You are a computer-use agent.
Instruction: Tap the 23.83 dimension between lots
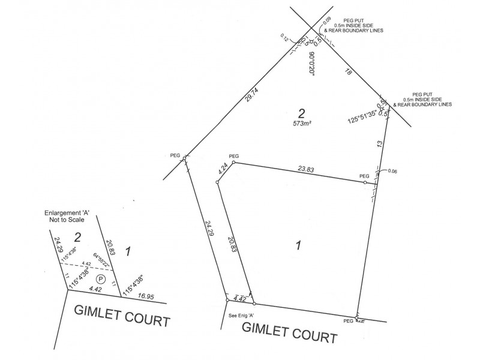pos(307,170)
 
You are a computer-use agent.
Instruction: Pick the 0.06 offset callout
pos(393,172)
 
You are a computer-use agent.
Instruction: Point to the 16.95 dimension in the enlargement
pos(146,295)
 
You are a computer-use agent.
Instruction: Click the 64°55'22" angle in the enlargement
pos(100,260)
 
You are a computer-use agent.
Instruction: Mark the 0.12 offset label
pos(284,38)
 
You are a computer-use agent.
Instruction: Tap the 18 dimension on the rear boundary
pos(347,72)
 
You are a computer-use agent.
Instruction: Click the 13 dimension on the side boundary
pos(379,144)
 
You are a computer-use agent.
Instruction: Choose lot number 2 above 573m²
pos(302,112)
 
